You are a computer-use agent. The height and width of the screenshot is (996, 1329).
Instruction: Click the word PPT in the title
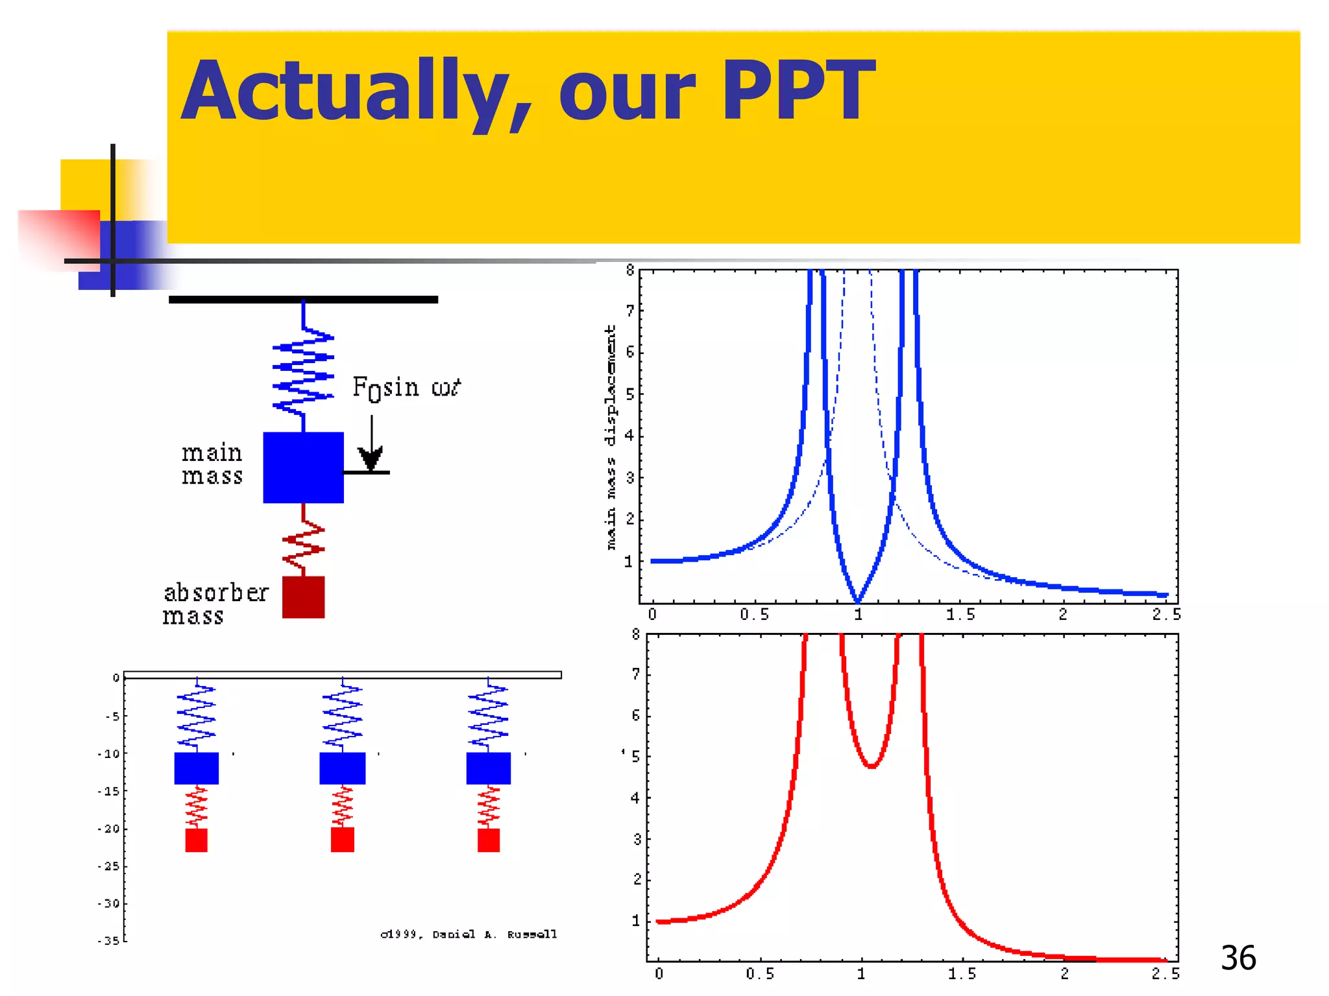(798, 91)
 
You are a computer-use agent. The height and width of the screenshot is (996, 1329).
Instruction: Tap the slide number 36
(1238, 958)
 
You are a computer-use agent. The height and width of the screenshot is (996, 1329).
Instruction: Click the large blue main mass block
(303, 468)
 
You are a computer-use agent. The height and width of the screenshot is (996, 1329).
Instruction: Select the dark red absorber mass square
(303, 597)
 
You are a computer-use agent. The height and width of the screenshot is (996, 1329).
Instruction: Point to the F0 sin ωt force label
(406, 388)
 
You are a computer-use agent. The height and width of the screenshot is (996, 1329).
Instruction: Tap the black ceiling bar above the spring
(303, 300)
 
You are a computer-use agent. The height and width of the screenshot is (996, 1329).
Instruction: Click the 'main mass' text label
(212, 464)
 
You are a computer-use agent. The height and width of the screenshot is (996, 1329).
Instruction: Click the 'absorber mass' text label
(214, 604)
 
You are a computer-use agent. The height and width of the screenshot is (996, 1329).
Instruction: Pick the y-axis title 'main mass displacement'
(610, 438)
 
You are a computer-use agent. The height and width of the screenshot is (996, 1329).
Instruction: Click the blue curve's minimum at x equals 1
(857, 600)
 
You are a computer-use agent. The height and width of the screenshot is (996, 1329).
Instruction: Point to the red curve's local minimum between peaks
(872, 766)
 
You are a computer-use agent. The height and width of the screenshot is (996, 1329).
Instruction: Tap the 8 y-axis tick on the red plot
(636, 635)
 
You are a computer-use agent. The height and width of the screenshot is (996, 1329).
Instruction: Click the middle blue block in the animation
(343, 768)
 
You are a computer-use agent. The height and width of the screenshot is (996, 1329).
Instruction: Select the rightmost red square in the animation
(489, 840)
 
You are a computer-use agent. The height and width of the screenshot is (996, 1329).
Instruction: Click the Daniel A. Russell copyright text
(469, 934)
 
